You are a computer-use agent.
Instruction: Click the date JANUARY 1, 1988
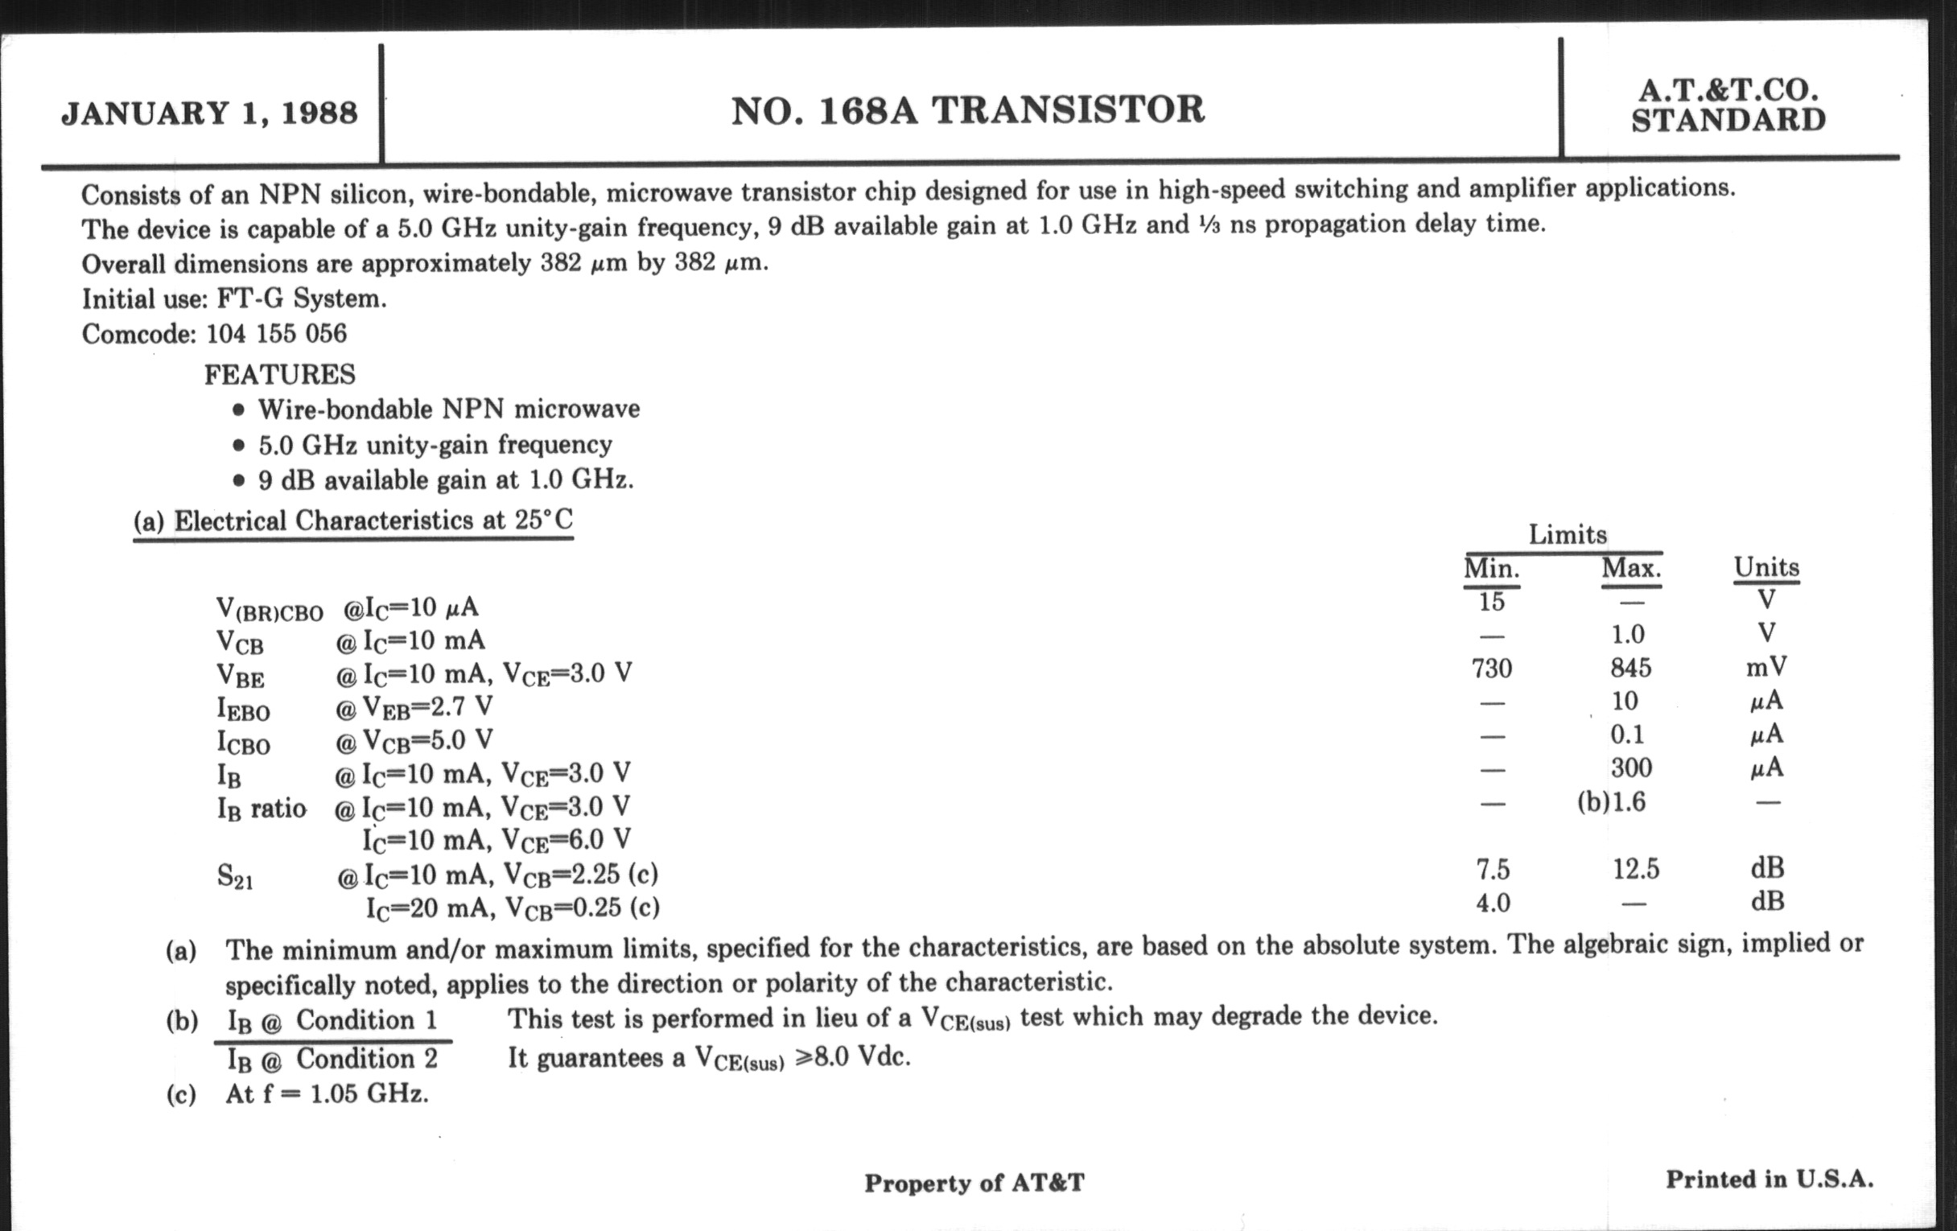209,113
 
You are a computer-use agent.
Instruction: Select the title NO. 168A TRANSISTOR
967,110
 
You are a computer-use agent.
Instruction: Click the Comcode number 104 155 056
276,334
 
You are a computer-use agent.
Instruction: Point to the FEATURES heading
279,375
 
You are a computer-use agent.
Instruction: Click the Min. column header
1491,568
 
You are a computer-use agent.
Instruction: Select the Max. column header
1631,568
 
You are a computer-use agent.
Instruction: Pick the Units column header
1766,567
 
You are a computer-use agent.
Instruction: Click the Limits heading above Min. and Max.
1567,535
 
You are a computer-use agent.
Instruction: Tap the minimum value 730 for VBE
1491,669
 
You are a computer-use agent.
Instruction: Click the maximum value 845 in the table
1630,668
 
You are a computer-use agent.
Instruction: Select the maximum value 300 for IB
1630,768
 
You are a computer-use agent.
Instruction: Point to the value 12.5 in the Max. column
1635,870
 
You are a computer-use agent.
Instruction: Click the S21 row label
235,877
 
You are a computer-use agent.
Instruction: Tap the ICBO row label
243,742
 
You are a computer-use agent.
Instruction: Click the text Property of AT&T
974,1183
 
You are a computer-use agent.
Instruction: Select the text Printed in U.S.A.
1770,1180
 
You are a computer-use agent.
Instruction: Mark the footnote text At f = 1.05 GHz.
327,1094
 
